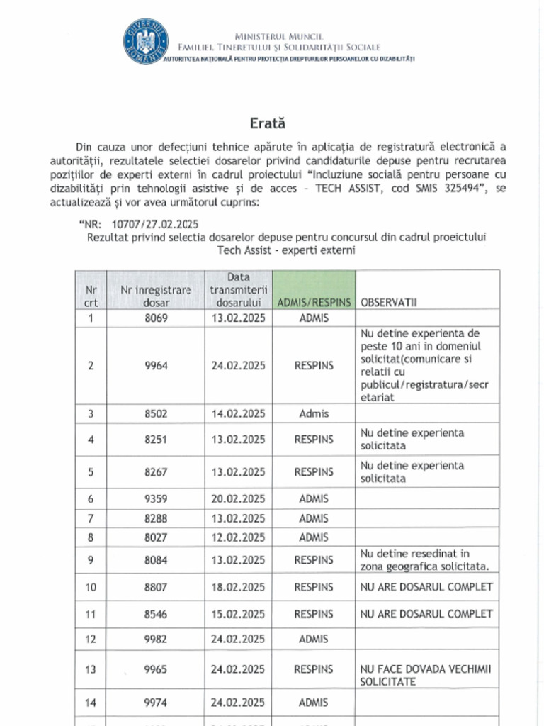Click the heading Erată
(x=267, y=123)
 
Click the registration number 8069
(x=156, y=318)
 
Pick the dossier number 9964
(x=156, y=366)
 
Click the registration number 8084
(x=156, y=559)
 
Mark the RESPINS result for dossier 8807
(x=314, y=587)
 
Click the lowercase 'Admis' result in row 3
(x=314, y=413)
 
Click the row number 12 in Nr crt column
(x=91, y=639)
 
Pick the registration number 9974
(x=156, y=703)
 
